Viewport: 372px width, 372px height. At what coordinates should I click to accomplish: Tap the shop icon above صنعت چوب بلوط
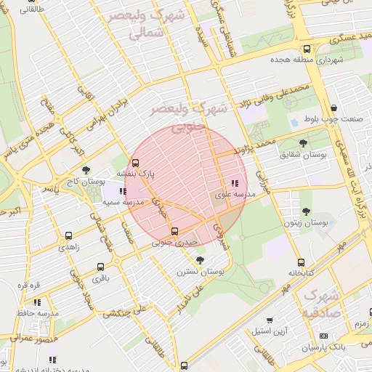[333, 108]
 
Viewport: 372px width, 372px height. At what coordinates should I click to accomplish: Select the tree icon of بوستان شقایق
[303, 143]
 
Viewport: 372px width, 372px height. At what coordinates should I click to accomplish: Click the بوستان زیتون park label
[306, 222]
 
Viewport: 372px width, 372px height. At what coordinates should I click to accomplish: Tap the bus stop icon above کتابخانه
[301, 263]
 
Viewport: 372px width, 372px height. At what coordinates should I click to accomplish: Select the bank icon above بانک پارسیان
[323, 336]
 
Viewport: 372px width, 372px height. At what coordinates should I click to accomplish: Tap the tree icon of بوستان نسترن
[201, 259]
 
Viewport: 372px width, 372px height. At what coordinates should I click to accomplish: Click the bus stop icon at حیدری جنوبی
[174, 231]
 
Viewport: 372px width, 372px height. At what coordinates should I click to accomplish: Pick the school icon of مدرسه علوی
[234, 183]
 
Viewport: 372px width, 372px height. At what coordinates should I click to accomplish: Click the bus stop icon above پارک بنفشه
[135, 163]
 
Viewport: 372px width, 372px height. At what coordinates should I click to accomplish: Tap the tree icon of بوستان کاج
[86, 170]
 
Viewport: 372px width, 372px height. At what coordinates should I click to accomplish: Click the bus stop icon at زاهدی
[68, 236]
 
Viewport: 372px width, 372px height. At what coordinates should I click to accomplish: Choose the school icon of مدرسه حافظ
[37, 302]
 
